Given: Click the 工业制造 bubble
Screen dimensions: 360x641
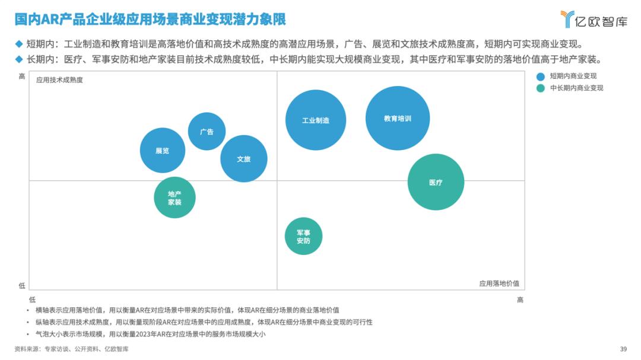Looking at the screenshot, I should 315,120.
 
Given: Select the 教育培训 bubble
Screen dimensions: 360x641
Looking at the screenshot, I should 397,118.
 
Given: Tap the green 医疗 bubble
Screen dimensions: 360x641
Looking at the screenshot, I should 436,182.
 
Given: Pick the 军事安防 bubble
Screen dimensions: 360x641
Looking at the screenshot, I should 303,236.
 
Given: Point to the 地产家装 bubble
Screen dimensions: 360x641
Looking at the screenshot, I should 174,197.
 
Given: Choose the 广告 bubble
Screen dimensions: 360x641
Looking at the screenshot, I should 207,131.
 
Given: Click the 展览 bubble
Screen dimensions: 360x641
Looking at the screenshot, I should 163,151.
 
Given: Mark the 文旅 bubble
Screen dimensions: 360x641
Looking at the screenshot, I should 243,158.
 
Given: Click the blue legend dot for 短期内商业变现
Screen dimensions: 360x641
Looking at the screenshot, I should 540,76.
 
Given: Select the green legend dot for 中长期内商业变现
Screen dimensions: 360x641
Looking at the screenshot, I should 540,88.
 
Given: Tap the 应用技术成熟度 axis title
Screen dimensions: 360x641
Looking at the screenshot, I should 59,80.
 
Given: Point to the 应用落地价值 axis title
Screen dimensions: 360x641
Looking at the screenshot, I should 499,283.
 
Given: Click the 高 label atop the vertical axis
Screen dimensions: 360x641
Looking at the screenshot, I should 22,76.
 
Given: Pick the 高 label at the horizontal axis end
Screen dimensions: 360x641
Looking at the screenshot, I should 520,300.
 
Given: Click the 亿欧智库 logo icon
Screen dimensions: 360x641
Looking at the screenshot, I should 568,19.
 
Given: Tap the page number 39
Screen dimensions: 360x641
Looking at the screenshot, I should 623,349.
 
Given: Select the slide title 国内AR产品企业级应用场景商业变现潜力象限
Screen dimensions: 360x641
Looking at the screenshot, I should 150,20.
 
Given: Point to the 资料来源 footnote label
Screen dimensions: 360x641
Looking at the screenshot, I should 27,349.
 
